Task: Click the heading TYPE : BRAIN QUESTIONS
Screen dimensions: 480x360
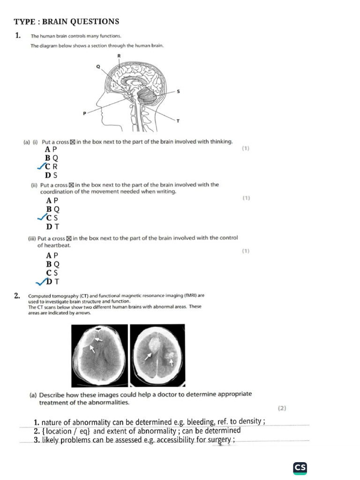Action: click(x=66, y=22)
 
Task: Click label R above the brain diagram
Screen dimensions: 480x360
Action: click(x=119, y=56)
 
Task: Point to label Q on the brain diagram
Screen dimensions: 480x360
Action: click(x=98, y=67)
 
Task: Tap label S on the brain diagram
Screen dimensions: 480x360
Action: click(x=178, y=91)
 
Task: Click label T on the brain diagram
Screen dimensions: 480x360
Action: click(x=178, y=121)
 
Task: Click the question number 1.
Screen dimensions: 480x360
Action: click(x=17, y=35)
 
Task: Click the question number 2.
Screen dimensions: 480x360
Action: click(x=17, y=295)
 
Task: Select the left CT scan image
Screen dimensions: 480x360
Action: click(x=99, y=355)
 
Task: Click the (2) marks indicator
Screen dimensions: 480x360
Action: click(x=281, y=408)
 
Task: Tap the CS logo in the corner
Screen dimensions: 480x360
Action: click(x=300, y=467)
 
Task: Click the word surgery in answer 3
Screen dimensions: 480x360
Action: click(x=219, y=440)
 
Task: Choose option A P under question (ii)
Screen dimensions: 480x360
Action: click(x=52, y=201)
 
